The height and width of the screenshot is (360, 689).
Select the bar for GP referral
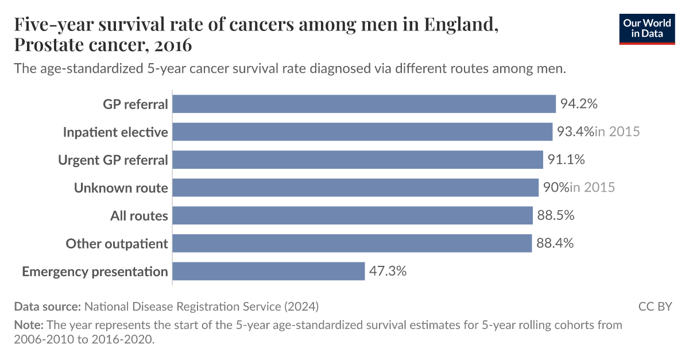[x=364, y=104]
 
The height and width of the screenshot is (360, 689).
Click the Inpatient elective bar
[x=362, y=132]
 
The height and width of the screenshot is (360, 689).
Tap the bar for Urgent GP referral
[x=358, y=160]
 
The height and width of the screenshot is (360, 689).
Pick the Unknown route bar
[x=355, y=188]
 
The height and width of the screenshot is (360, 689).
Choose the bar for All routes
[x=353, y=216]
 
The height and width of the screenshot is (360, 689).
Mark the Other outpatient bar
[x=352, y=243]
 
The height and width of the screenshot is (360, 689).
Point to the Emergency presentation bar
[x=269, y=272]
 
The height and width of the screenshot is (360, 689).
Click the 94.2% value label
[x=579, y=104]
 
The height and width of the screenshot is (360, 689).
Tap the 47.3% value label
[x=388, y=272]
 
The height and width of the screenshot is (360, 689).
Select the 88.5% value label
[x=556, y=216]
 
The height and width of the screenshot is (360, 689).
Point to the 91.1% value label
[x=566, y=160]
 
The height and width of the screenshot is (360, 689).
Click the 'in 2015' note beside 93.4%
[x=617, y=132]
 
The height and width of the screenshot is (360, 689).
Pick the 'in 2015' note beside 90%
[x=592, y=188]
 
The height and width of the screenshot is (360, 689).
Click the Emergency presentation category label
[x=95, y=272]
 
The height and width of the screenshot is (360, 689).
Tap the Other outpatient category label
[x=117, y=243]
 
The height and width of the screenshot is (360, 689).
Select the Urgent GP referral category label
[x=113, y=160]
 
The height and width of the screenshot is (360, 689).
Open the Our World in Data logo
[x=647, y=28]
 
